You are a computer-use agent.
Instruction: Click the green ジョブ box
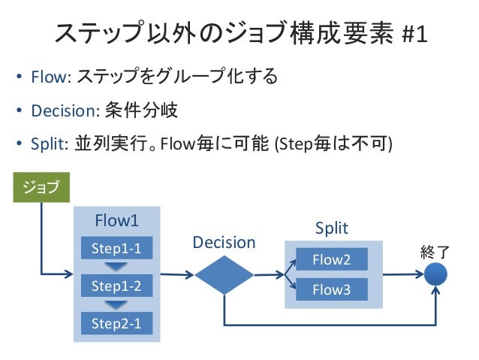pyautogui.click(x=41, y=187)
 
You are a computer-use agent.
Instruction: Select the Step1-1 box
pyautogui.click(x=116, y=248)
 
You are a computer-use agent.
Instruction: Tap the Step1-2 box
pyautogui.click(x=116, y=286)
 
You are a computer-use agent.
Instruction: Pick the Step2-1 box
pyautogui.click(x=116, y=323)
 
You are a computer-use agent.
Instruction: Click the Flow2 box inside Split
pyautogui.click(x=332, y=259)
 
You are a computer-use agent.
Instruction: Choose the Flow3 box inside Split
pyautogui.click(x=332, y=289)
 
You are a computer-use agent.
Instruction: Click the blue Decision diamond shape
pyautogui.click(x=224, y=275)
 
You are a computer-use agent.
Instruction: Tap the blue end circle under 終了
pyautogui.click(x=435, y=274)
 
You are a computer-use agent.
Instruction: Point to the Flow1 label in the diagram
pyautogui.click(x=116, y=220)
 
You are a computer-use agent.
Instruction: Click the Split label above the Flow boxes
pyautogui.click(x=332, y=228)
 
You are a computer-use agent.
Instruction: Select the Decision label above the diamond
pyautogui.click(x=224, y=243)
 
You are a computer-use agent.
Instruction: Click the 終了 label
pyautogui.click(x=435, y=253)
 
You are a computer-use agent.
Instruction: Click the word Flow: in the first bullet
pyautogui.click(x=51, y=77)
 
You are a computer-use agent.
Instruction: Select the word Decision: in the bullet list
pyautogui.click(x=65, y=110)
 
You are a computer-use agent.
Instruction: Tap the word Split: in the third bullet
pyautogui.click(x=50, y=144)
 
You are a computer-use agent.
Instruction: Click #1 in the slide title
pyautogui.click(x=414, y=35)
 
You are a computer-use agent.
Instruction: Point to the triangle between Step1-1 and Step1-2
pyautogui.click(x=116, y=266)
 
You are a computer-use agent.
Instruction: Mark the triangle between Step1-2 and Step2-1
pyautogui.click(x=116, y=304)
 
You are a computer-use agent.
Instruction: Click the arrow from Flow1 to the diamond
pyautogui.click(x=177, y=274)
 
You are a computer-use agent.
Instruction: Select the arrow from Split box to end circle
pyautogui.click(x=403, y=274)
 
